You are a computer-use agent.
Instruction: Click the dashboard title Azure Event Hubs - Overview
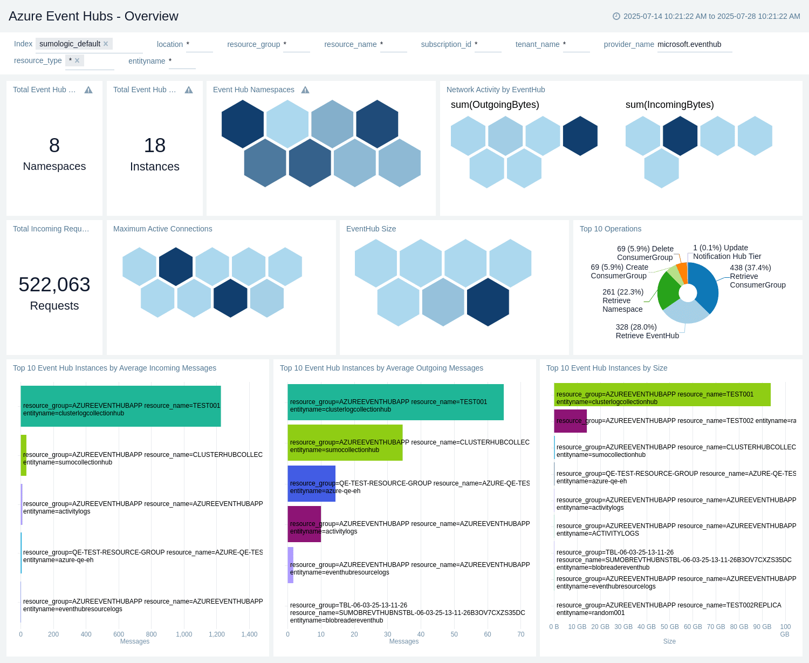93,16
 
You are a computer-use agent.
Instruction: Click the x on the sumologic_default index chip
106,44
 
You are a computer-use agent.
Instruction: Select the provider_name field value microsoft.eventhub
689,44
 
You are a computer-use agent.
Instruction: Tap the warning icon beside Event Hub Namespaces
305,90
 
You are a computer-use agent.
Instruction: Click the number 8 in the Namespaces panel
54,145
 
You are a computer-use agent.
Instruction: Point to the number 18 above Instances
154,145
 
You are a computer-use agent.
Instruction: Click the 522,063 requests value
54,284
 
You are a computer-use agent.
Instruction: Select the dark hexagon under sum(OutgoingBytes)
580,136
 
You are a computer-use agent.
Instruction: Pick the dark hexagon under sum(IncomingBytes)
680,136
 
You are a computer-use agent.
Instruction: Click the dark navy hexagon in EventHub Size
488,302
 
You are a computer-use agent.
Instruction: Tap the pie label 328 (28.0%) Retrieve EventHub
647,331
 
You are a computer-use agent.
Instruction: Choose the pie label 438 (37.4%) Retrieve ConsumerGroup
757,276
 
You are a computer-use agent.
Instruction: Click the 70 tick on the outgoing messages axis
520,634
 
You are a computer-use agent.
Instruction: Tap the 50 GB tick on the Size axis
669,627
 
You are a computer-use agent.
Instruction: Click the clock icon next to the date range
616,16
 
